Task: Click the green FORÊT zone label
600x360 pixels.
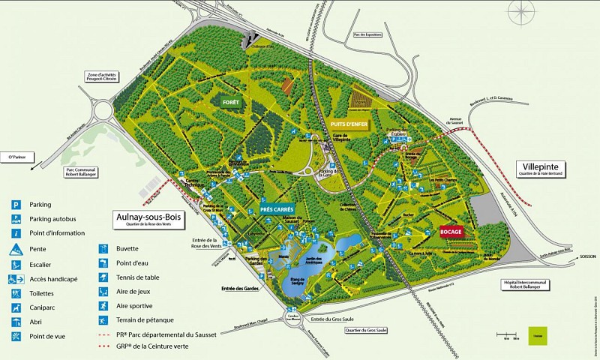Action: tap(226, 100)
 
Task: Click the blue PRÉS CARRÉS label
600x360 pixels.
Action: tap(277, 210)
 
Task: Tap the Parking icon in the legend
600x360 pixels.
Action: tap(15, 204)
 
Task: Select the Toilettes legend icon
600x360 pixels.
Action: tap(15, 293)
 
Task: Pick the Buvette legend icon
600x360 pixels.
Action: tap(103, 248)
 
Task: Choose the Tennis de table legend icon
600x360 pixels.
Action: tap(103, 277)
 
